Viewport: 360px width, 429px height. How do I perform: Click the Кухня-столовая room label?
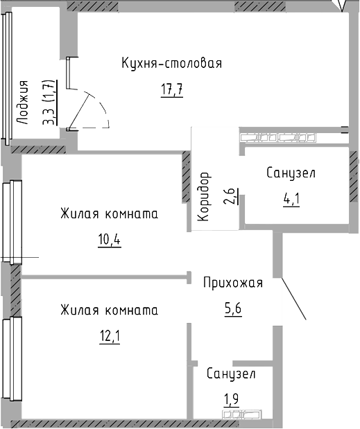(x=171, y=64)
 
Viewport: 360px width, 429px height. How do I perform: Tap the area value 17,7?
(x=172, y=89)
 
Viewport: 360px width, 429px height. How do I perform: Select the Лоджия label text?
(x=22, y=103)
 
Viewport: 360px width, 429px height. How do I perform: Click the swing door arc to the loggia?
(x=101, y=106)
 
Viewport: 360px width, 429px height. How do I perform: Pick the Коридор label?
(x=205, y=196)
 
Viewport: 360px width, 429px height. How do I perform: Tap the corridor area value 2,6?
(x=230, y=196)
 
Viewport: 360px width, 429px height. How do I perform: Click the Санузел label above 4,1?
(x=291, y=173)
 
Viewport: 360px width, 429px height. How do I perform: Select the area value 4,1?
(x=291, y=200)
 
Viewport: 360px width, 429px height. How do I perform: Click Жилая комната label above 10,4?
(x=109, y=214)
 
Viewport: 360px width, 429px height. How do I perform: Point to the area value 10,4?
(x=110, y=240)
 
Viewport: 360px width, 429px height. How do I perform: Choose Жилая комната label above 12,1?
(x=109, y=310)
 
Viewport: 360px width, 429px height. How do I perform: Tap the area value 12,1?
(x=110, y=337)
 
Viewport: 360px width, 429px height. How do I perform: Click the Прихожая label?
(x=233, y=283)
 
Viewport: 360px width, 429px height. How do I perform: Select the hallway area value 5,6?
(x=233, y=309)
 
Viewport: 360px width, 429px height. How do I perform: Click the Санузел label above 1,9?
(x=231, y=374)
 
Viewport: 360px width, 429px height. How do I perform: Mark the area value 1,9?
(x=232, y=400)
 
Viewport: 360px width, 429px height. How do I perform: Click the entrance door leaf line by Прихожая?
(x=293, y=299)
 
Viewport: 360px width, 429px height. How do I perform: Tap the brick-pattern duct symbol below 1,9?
(x=241, y=414)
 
